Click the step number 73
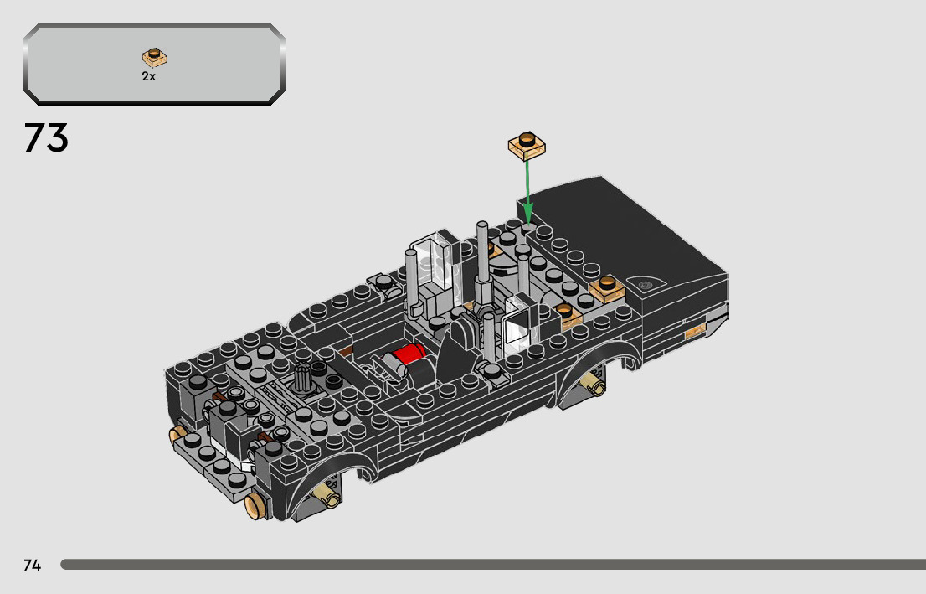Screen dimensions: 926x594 pos(46,137)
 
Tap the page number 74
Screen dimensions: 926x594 pos(33,565)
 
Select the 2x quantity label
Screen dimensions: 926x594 pos(148,76)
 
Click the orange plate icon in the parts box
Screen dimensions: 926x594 pos(155,57)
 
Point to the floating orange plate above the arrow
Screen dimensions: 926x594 pos(527,146)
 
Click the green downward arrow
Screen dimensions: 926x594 pos(528,190)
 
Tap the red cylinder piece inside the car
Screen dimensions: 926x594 pos(409,354)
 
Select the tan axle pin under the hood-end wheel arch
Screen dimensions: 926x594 pos(594,384)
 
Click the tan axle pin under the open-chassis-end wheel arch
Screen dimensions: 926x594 pos(327,495)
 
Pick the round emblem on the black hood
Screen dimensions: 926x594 pos(646,285)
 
